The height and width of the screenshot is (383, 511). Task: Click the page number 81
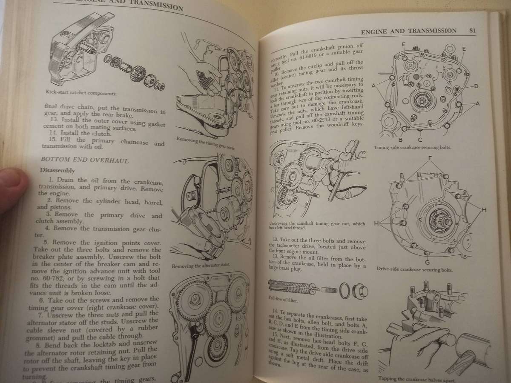coord(472,30)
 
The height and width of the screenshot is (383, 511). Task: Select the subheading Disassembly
coord(57,171)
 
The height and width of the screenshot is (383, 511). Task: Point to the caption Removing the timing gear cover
coord(206,144)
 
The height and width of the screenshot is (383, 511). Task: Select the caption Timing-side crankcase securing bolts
coord(412,148)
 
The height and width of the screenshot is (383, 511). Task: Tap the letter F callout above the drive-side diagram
coord(430,158)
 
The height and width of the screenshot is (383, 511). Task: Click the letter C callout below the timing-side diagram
coord(420,139)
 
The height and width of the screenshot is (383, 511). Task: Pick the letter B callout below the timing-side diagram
coord(400,139)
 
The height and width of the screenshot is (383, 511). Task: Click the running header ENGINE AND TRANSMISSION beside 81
coord(408,31)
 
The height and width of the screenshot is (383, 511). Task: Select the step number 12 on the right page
coord(276,240)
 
